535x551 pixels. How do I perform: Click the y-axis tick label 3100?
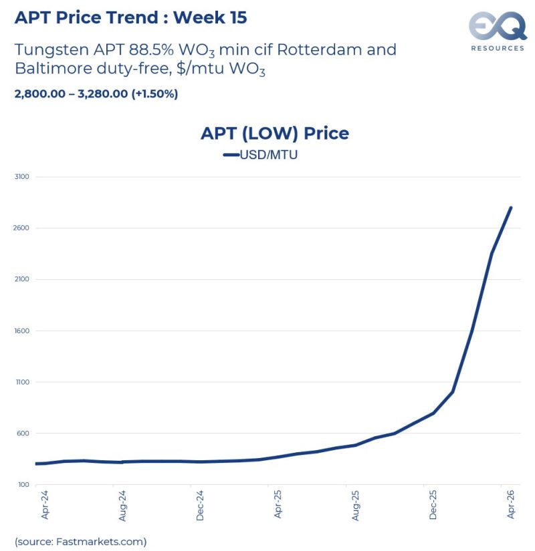(21, 177)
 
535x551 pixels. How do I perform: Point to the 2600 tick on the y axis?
(21, 228)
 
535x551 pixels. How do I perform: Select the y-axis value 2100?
(21, 280)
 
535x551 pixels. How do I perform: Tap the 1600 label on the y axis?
(21, 331)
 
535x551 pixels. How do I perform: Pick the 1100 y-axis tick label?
(21, 383)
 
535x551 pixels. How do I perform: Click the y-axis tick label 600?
(23, 434)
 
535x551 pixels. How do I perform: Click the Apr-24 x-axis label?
(44, 505)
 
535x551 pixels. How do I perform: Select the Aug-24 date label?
(122, 505)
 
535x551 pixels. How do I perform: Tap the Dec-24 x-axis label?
(200, 505)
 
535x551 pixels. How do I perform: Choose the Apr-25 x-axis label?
(278, 505)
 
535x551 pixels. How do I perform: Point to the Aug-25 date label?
(356, 505)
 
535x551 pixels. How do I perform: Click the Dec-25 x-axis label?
(433, 505)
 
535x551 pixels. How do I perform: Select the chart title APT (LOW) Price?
(274, 133)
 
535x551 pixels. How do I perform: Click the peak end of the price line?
(512, 208)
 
